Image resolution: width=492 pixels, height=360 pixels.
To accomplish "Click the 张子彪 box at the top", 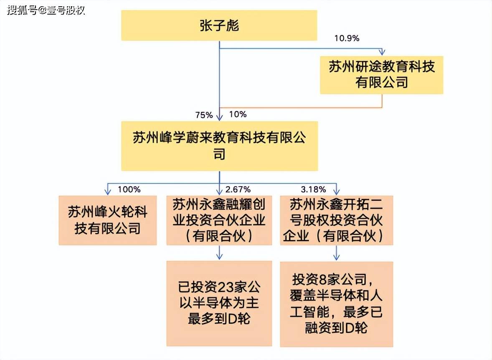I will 219,26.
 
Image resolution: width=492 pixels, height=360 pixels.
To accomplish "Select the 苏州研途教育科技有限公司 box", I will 381,75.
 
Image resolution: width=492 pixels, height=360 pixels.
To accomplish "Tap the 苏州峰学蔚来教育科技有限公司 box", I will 219,146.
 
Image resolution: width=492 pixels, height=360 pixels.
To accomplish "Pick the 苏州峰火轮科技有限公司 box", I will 107,220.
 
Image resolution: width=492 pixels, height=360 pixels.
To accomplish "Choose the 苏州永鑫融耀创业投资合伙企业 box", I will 219,220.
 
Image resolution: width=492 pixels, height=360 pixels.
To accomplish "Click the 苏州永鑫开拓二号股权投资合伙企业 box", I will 337,220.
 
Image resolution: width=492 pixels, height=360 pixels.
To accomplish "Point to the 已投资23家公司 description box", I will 219,304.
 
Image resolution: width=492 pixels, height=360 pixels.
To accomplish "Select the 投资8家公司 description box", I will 337,304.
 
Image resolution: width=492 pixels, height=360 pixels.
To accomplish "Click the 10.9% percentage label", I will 347,38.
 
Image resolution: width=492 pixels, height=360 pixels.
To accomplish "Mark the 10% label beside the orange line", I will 238,114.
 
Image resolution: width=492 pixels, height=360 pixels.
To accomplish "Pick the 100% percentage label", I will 129,189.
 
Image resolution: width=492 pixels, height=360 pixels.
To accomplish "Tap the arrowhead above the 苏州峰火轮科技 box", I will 107,191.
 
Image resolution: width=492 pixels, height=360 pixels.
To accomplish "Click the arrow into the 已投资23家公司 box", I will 219,255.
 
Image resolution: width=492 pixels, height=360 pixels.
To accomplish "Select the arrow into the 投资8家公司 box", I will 337,255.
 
